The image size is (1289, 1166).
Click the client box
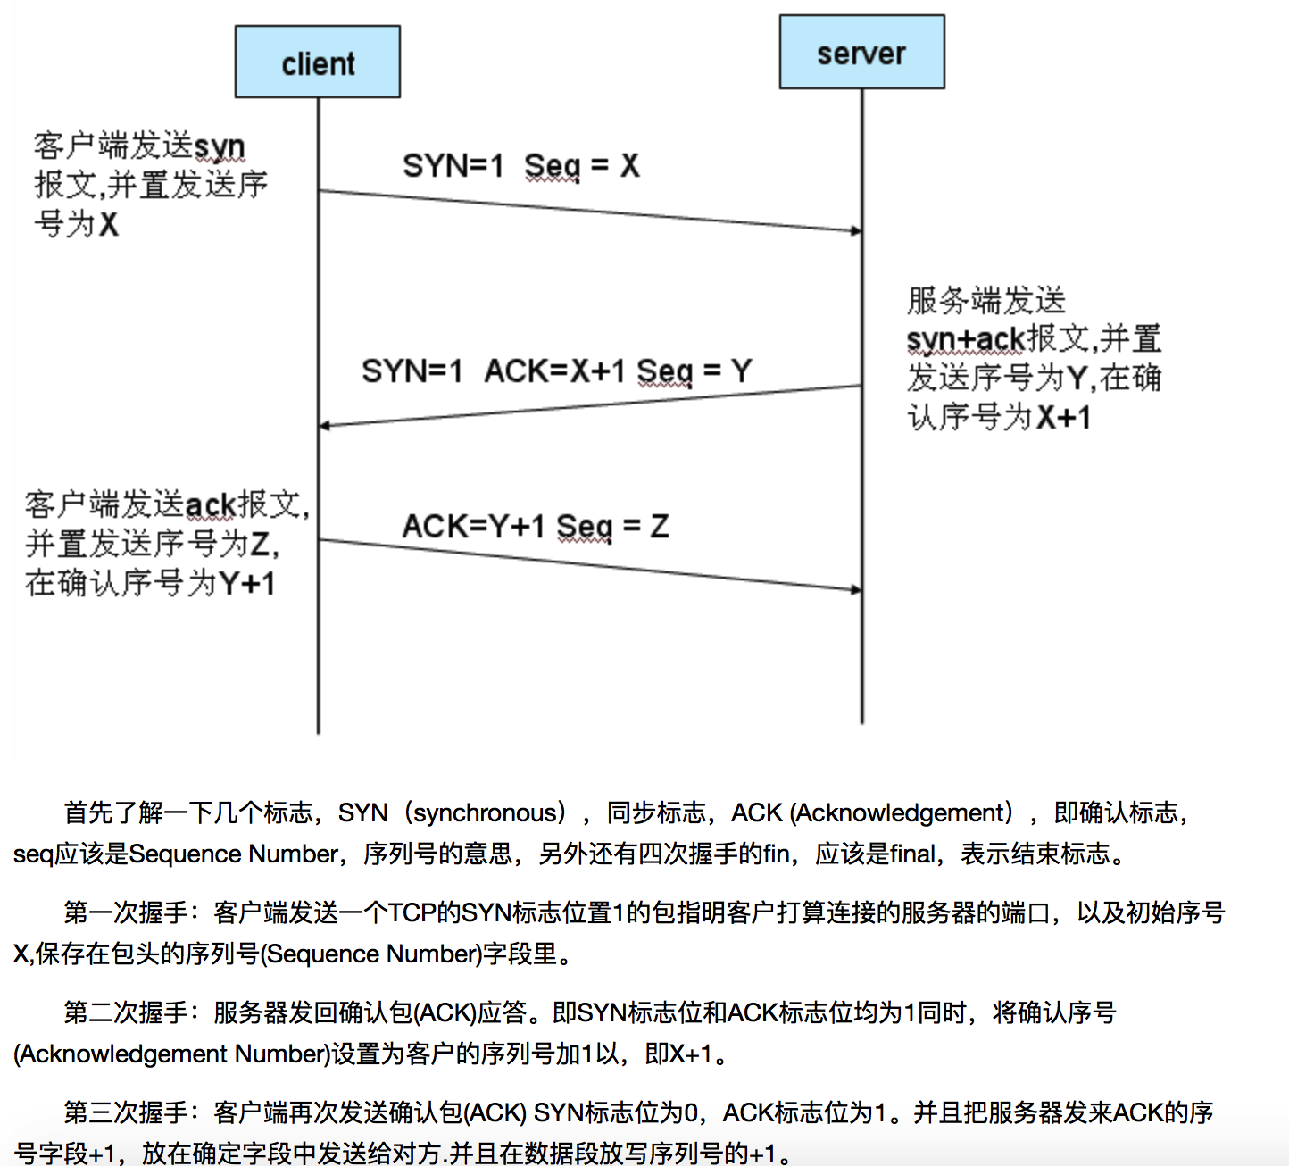318,62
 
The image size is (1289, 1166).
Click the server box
861,53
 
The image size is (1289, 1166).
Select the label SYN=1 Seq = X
520,166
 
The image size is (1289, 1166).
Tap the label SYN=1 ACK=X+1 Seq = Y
556,371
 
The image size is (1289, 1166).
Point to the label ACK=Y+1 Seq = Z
536,527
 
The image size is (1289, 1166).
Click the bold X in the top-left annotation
108,224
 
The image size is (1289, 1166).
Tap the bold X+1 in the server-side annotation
1063,418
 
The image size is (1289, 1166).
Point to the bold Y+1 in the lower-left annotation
247,584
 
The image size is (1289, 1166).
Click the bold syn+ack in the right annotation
966,340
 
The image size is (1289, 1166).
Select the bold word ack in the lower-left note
210,505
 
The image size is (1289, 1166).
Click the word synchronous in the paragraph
485,813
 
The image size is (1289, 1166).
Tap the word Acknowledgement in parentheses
902,813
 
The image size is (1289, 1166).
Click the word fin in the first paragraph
776,854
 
